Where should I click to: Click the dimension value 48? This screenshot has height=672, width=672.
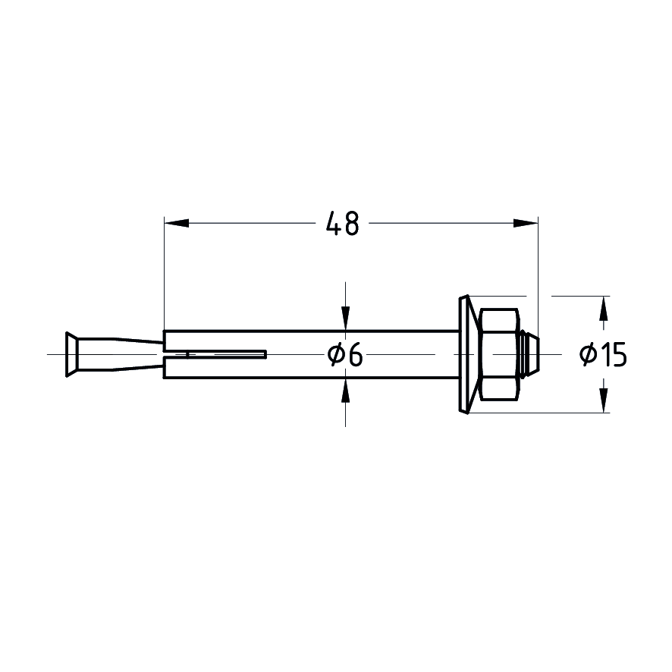pos(342,224)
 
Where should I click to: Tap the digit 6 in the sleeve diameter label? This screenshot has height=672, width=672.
pos(355,354)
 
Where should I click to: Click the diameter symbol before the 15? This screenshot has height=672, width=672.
pos(589,354)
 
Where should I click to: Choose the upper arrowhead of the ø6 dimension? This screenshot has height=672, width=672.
pos(346,319)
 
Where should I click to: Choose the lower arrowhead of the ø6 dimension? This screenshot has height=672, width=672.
pos(346,390)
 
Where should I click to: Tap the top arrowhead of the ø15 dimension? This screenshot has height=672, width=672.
pos(604,307)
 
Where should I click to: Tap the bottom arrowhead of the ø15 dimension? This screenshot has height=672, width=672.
pos(604,400)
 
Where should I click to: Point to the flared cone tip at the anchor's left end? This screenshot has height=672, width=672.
pos(71,354)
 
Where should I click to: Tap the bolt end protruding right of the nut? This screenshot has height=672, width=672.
pos(533,354)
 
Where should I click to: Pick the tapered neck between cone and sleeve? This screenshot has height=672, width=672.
pos(121,354)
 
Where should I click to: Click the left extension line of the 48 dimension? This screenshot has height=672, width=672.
pos(165,273)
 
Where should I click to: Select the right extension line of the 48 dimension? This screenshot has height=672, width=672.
pos(538,273)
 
